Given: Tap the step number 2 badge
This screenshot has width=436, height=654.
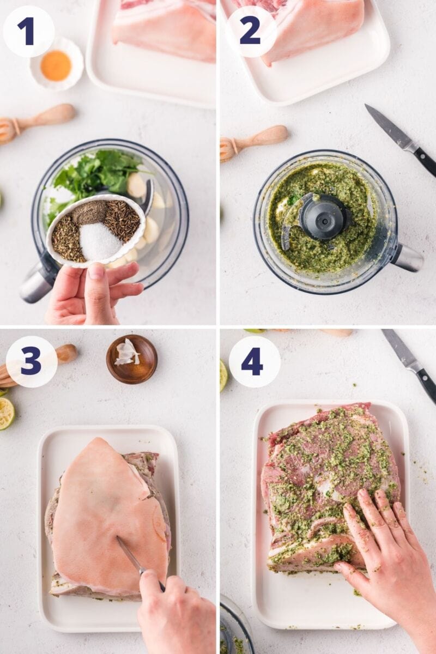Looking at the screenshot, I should click(x=250, y=31).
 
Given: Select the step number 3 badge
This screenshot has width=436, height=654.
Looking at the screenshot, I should click(x=31, y=361).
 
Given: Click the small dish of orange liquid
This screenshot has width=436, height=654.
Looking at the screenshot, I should click(x=56, y=64).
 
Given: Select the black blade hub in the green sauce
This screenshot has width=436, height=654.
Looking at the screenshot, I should click(x=322, y=216).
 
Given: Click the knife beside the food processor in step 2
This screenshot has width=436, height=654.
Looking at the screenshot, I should click(x=400, y=139).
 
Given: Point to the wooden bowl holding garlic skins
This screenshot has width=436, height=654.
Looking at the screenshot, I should click(x=131, y=359).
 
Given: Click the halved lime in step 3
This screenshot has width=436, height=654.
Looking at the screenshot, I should click(x=6, y=413).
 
